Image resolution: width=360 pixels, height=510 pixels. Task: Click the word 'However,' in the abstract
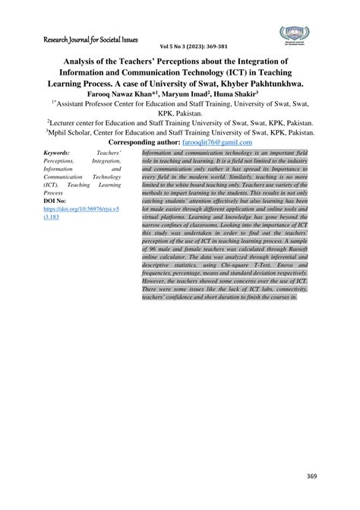click(x=156, y=280)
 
